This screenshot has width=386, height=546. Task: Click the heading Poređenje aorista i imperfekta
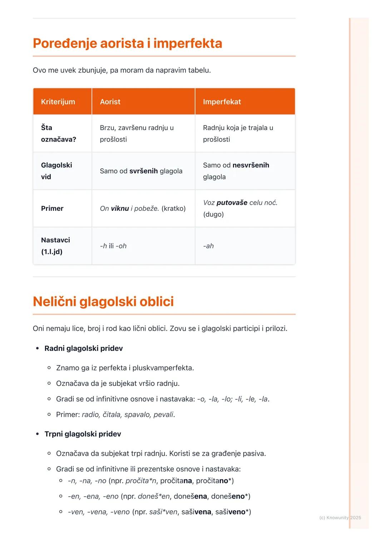tap(127, 43)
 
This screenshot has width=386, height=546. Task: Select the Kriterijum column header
tap(58, 101)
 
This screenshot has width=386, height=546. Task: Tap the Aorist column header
tap(110, 101)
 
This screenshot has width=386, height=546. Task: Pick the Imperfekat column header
tap(222, 101)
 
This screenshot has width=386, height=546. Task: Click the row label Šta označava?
tap(58, 133)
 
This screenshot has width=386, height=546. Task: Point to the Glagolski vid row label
tap(56, 171)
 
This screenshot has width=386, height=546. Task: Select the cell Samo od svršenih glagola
tap(141, 171)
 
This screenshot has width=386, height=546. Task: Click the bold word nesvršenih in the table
tap(251, 165)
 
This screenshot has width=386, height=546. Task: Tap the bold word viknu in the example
tap(120, 208)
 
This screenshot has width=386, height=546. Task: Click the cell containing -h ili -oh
tap(113, 246)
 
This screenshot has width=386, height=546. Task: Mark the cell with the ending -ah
tap(208, 246)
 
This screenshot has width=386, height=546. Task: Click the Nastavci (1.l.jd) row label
tap(55, 246)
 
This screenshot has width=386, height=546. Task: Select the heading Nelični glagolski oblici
tap(103, 302)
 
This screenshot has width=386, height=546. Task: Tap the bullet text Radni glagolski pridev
tap(84, 348)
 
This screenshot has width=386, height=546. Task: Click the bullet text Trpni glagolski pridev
tap(83, 434)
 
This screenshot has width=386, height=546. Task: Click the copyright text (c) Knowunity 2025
tap(340, 517)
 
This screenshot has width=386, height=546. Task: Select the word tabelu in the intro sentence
tap(199, 70)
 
